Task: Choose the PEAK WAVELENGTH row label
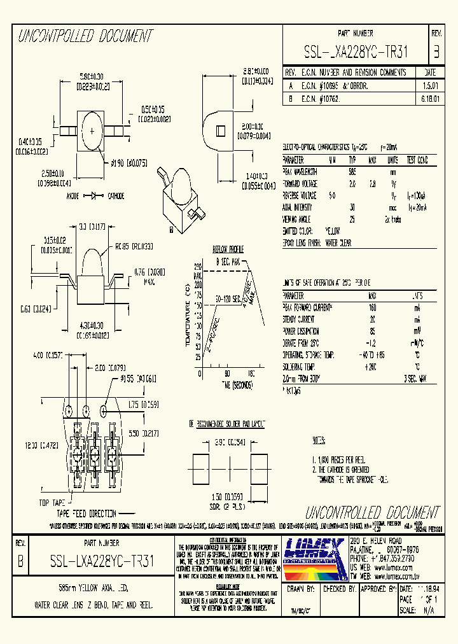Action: click(x=302, y=172)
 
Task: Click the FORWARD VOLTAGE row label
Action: click(x=302, y=183)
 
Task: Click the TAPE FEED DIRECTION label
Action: click(x=87, y=513)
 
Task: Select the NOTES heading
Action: click(x=319, y=440)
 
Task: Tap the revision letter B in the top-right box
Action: click(x=436, y=51)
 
